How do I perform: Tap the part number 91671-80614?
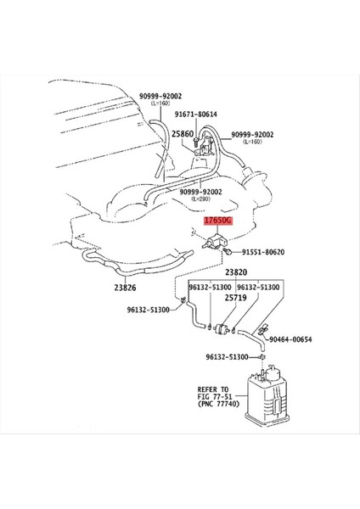pos(196,114)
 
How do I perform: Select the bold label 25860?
pos(183,134)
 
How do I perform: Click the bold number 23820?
pos(235,273)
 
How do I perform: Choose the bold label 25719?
pos(235,299)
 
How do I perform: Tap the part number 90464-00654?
pos(290,340)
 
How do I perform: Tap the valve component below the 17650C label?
pos(213,242)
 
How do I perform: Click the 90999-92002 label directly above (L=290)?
pos(200,191)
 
